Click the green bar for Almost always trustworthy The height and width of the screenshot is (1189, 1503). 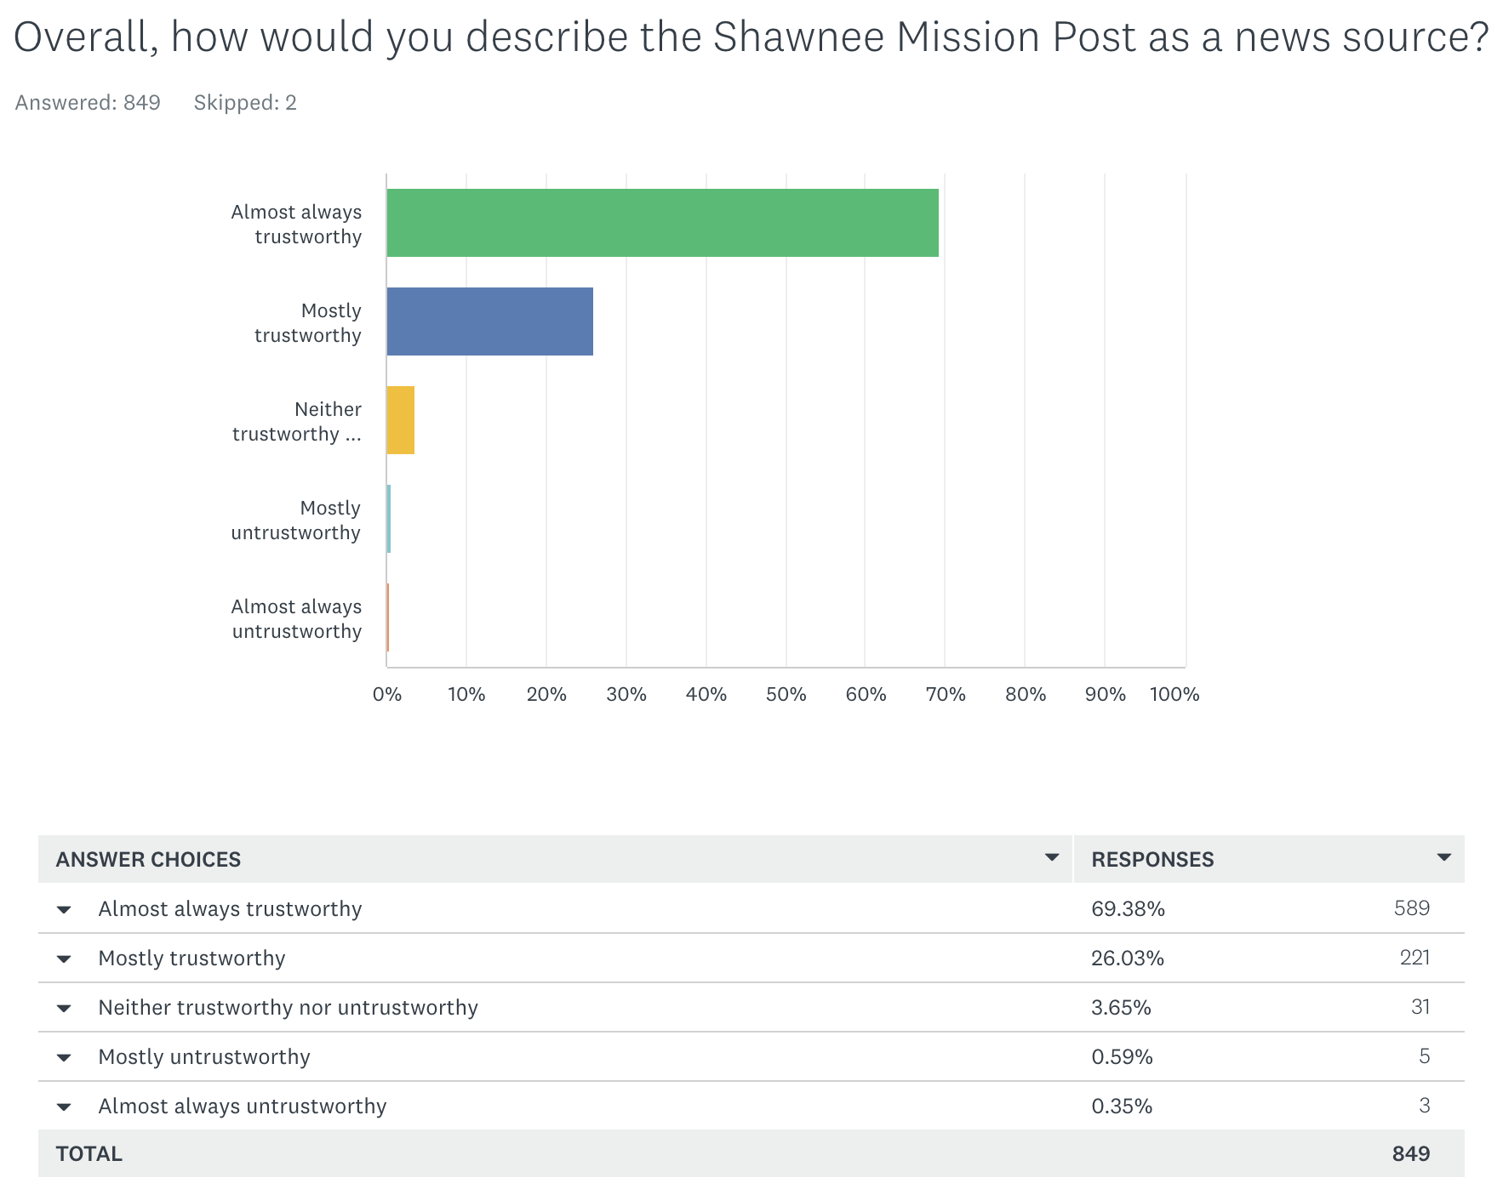click(662, 223)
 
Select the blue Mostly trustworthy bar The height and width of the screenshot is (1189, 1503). click(489, 321)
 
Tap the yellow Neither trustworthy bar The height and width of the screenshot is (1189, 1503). click(400, 420)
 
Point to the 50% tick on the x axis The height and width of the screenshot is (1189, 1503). click(786, 694)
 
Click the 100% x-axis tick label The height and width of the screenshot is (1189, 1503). click(1174, 694)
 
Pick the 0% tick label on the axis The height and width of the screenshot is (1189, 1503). click(387, 694)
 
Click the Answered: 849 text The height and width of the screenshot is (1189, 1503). click(88, 103)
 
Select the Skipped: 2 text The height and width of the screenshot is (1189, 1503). click(245, 103)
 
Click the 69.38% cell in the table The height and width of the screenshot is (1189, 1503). click(1128, 909)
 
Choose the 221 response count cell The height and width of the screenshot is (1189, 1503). click(1414, 958)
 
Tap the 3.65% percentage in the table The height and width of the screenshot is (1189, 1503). click(1121, 1008)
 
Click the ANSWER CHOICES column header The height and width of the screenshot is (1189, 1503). click(148, 860)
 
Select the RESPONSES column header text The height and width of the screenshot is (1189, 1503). click(1152, 860)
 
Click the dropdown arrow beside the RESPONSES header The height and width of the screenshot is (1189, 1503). click(1443, 857)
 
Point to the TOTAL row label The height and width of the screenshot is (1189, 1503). click(89, 1154)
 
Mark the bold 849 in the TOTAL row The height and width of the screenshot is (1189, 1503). click(1410, 1154)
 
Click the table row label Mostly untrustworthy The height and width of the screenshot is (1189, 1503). click(204, 1057)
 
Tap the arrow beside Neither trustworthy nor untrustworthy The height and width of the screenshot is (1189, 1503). click(64, 1009)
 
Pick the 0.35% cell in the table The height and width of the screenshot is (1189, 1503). click(1122, 1107)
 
